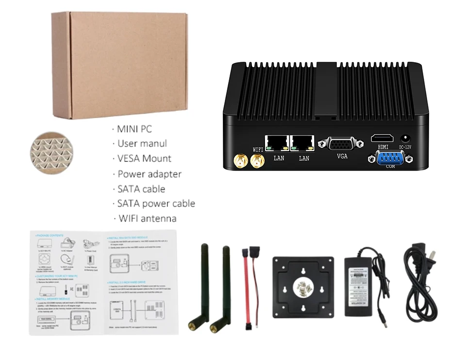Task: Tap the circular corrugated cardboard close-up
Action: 51,151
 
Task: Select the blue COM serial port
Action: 390,158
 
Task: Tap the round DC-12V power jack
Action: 405,138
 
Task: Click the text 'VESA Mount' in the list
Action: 144,158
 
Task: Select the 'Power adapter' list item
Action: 150,174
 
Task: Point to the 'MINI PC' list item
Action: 134,129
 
